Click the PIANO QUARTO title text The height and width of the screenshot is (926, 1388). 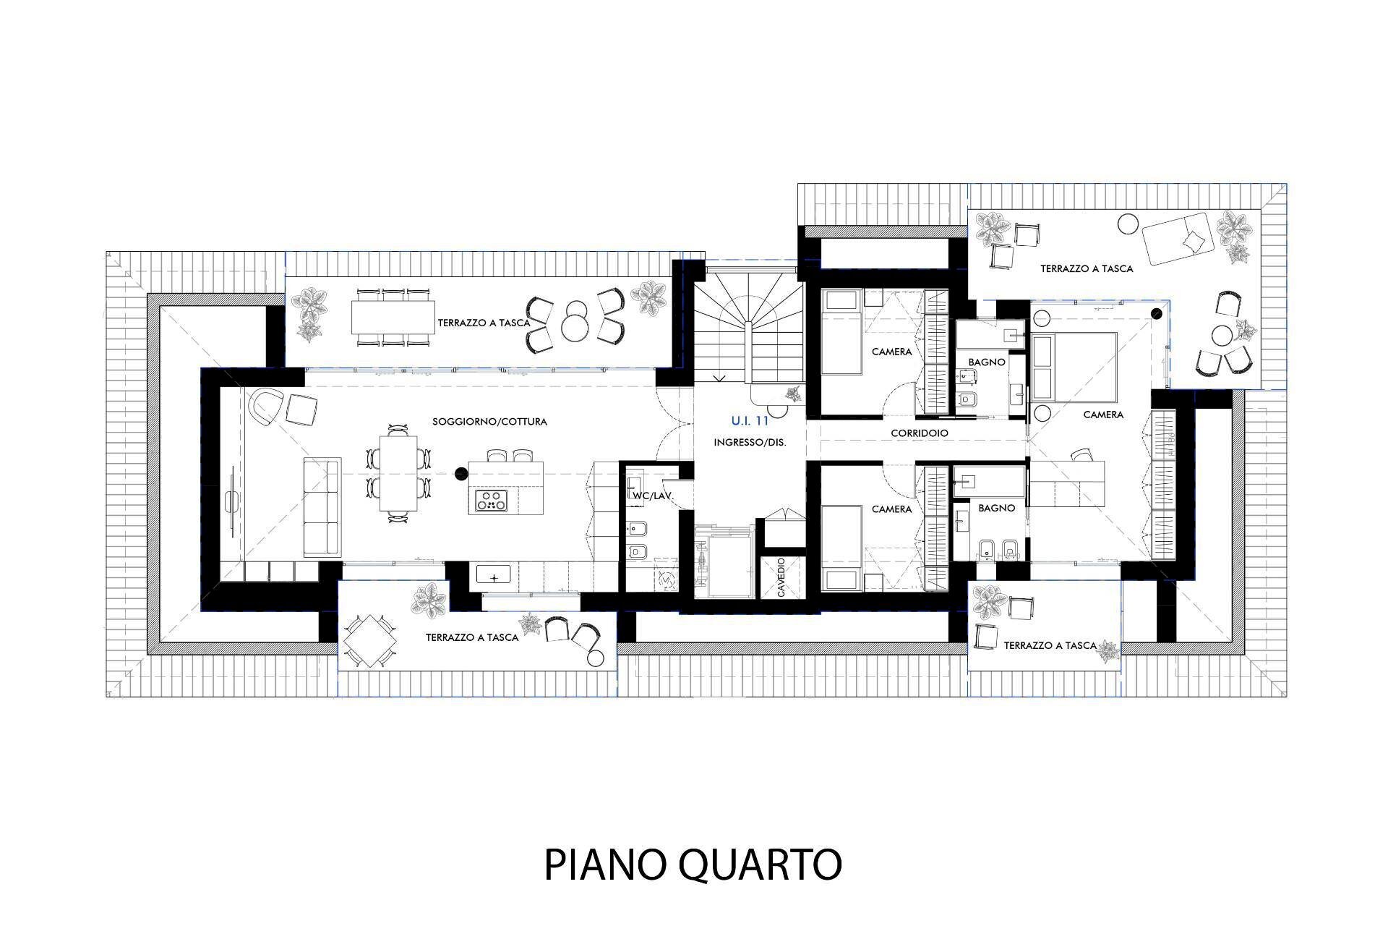pos(693,864)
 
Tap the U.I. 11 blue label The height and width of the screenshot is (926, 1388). pos(750,420)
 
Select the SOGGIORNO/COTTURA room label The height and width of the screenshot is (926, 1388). pos(489,421)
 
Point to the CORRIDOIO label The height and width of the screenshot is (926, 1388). pos(919,433)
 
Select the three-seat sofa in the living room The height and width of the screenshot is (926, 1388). pos(322,507)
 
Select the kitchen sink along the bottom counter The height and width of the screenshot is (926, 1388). pos(494,577)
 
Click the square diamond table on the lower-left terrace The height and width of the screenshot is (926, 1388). pos(369,641)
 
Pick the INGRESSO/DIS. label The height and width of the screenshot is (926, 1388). pos(750,441)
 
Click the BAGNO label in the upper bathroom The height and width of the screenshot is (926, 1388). pos(987,362)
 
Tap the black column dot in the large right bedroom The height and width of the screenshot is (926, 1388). pos(1156,313)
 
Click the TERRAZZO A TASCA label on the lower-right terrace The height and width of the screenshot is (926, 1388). pos(1050,645)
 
